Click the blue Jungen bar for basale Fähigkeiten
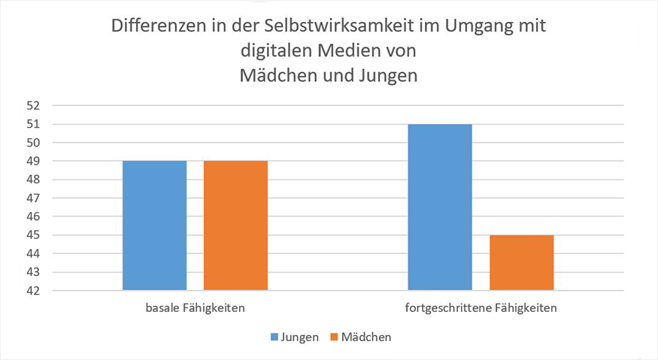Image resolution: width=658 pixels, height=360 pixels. pyautogui.click(x=154, y=225)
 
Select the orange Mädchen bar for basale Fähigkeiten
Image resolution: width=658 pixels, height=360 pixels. pyautogui.click(x=235, y=225)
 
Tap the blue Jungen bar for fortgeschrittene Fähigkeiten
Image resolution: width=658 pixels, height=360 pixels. pyautogui.click(x=440, y=207)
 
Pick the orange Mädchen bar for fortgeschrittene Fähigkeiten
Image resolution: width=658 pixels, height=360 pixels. pyautogui.click(x=521, y=262)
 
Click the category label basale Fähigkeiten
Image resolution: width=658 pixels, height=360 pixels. pyautogui.click(x=195, y=308)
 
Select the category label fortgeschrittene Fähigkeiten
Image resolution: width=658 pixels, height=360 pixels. pyautogui.click(x=481, y=308)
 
